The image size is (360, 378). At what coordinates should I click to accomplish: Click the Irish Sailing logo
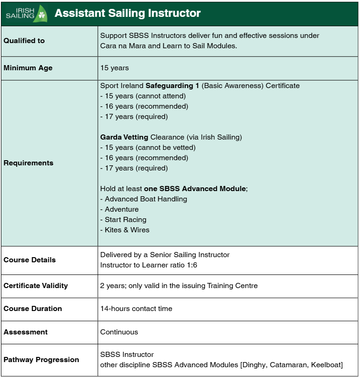pyautogui.click(x=26, y=14)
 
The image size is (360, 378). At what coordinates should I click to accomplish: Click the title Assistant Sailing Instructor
pyautogui.click(x=127, y=14)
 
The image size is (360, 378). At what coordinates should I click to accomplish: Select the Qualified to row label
pyautogui.click(x=24, y=41)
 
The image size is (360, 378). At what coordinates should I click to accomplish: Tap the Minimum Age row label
pyautogui.click(x=28, y=68)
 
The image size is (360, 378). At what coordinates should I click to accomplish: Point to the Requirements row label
pyautogui.click(x=29, y=163)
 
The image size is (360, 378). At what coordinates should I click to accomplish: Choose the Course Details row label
pyautogui.click(x=29, y=260)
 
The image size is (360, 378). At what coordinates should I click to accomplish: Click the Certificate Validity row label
pyautogui.click(x=36, y=286)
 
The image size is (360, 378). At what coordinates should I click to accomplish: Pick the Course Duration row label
pyautogui.click(x=33, y=309)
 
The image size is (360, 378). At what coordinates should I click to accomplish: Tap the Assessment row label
pyautogui.click(x=26, y=332)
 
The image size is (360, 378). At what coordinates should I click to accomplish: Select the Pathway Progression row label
pyautogui.click(x=41, y=360)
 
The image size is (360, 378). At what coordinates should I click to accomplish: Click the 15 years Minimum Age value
pyautogui.click(x=114, y=68)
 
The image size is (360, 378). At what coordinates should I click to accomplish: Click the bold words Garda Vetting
pyautogui.click(x=124, y=137)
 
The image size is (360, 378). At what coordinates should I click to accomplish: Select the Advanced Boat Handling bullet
pyautogui.click(x=146, y=199)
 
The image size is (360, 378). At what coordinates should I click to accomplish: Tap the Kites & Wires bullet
pyautogui.click(x=127, y=230)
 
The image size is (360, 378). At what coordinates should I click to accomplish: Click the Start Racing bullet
pyautogui.click(x=125, y=220)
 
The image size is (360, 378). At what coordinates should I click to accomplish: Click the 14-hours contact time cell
pyautogui.click(x=136, y=309)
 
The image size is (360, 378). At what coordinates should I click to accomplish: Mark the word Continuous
pyautogui.click(x=119, y=332)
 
